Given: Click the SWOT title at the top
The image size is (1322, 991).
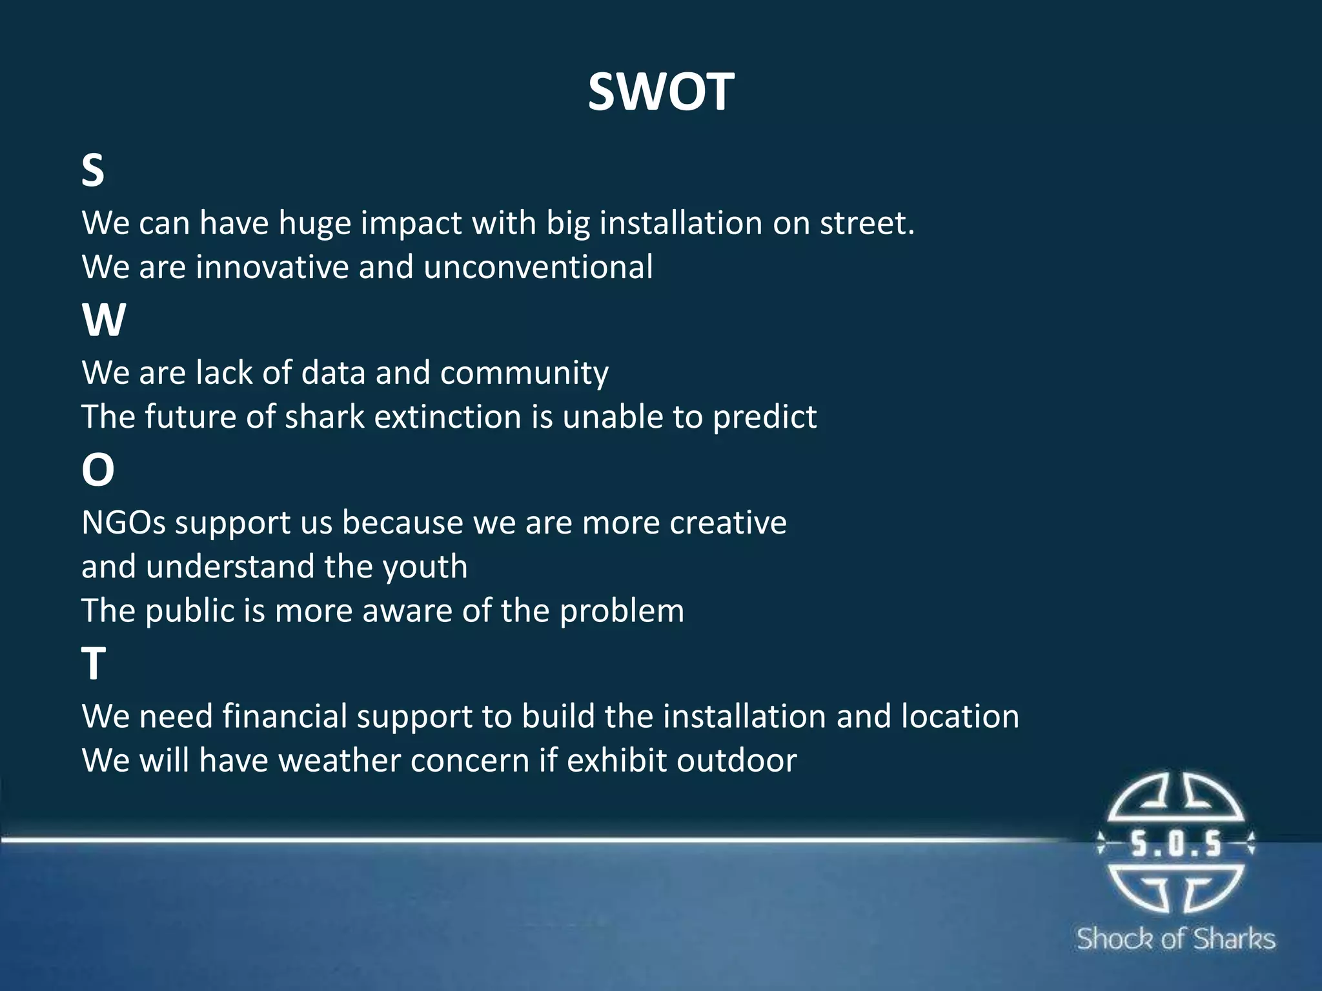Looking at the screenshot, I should (660, 92).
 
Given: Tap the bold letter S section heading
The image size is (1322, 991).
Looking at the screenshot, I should (93, 170).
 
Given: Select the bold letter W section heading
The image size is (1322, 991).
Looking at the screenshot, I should (103, 320).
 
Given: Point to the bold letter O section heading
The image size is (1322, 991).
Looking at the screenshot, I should (97, 470).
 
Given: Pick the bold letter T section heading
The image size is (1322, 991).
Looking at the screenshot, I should (94, 664).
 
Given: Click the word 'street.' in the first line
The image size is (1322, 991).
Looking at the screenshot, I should (867, 223).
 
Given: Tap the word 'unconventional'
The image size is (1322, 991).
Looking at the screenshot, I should (538, 267).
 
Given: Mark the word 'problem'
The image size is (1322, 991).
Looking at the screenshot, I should (622, 611).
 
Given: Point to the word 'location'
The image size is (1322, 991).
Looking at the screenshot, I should (960, 717).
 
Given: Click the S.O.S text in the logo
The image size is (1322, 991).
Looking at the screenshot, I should (1175, 844).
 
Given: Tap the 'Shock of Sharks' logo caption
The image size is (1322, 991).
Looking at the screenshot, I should (1175, 939).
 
